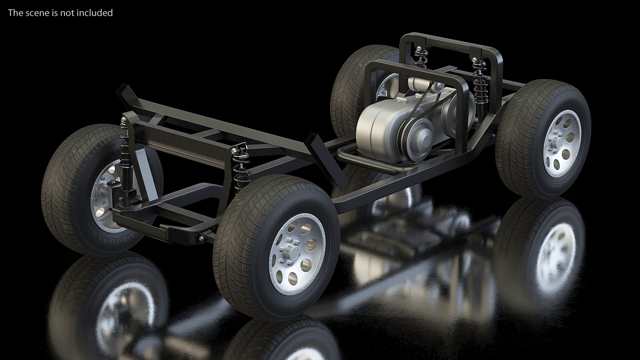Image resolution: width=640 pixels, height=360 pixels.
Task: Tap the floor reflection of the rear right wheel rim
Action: coord(553,253)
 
